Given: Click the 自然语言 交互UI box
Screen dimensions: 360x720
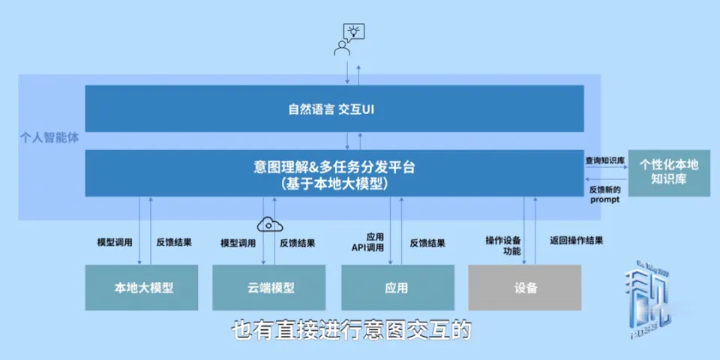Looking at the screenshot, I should coord(334,109).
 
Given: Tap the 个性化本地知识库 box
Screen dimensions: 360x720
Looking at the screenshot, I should coord(668,172).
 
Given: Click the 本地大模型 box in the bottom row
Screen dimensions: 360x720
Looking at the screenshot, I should coord(142,287).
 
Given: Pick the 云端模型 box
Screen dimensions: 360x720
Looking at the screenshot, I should coord(269,287).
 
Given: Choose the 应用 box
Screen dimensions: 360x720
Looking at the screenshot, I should coord(397,287).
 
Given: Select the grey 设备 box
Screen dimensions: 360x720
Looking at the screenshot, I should coord(525,287).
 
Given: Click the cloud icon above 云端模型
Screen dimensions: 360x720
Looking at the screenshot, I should coord(268,223).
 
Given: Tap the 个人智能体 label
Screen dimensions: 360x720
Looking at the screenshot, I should coord(50,139).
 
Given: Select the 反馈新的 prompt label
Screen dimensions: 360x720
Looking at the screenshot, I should coord(605,195).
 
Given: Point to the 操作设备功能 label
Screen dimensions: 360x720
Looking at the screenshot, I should coord(503,245).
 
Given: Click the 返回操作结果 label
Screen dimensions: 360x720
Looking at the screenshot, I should coord(576,241).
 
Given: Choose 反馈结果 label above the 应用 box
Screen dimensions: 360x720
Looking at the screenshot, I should coord(427,242).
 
